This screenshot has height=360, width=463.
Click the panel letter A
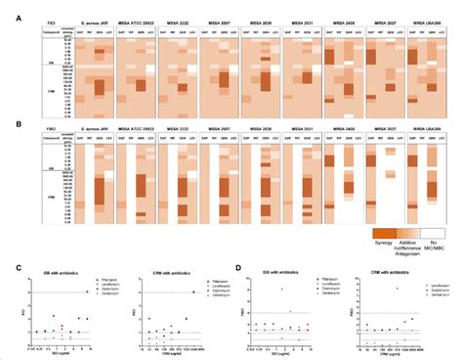[6, 5]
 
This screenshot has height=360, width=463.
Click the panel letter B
[6, 120]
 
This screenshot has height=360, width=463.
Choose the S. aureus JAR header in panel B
[93, 133]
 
